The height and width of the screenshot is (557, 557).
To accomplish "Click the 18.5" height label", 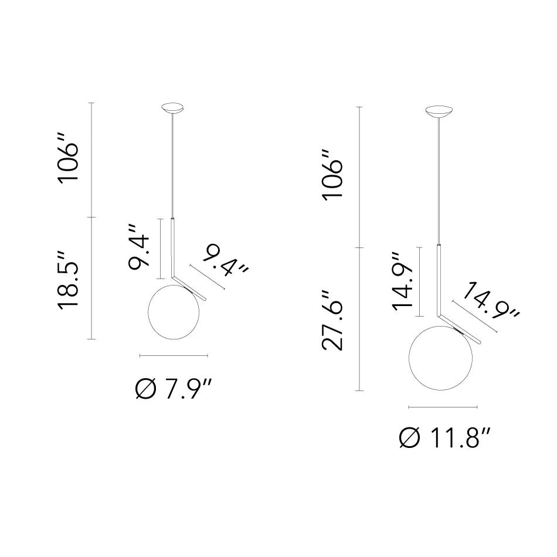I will [x=70, y=278].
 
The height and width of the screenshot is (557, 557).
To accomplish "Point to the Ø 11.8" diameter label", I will [x=444, y=437].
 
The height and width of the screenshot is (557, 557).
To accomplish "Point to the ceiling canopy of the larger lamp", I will [x=439, y=111].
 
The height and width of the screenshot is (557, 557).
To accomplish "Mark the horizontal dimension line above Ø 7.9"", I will [x=174, y=355].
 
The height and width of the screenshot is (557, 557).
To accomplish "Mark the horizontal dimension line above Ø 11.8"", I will [x=443, y=407].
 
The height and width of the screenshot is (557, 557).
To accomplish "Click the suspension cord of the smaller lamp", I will [x=172, y=164].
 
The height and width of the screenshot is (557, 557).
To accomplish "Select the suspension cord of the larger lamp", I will [x=439, y=176].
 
